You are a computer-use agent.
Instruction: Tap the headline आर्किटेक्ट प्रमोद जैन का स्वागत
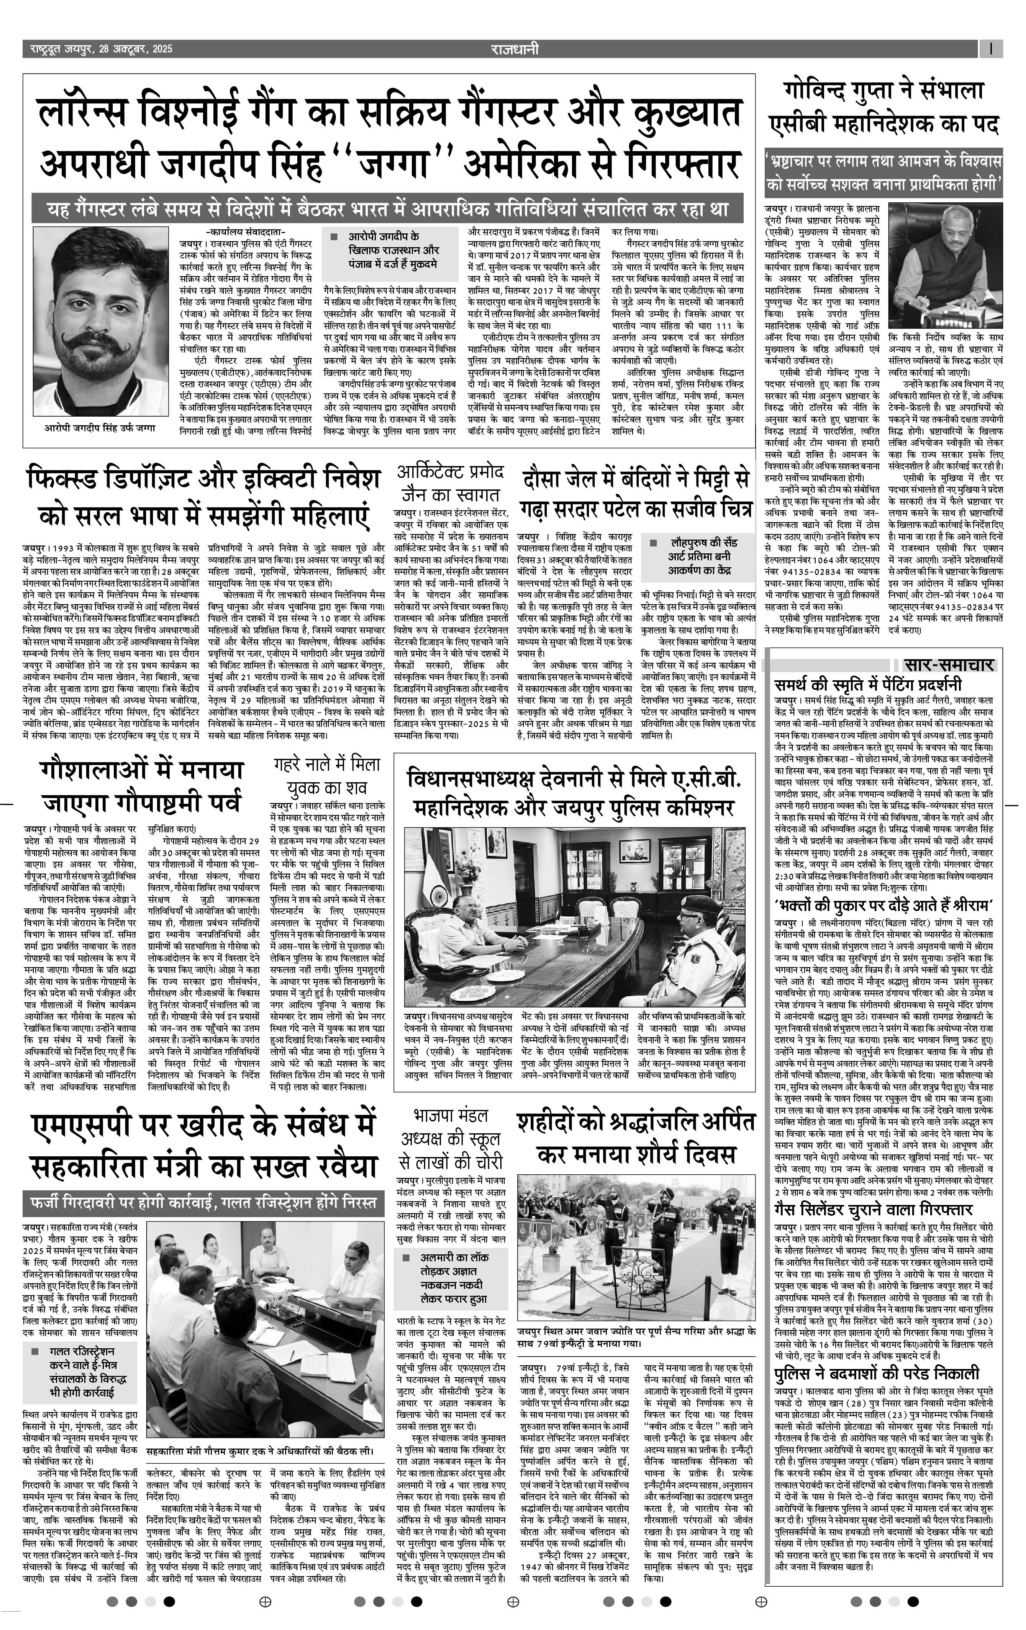pyautogui.click(x=451, y=482)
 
